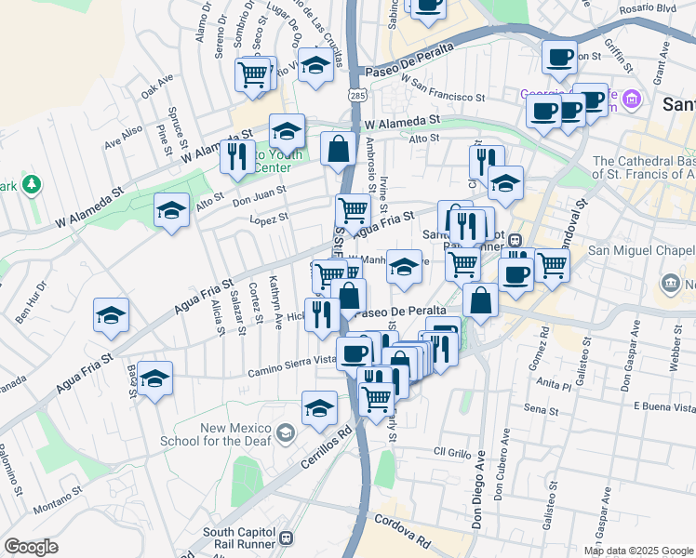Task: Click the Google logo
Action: [32, 547]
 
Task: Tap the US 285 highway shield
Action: [357, 95]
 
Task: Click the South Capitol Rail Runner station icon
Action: [287, 538]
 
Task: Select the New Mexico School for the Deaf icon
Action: [287, 432]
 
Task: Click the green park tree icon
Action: [32, 185]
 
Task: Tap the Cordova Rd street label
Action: [409, 536]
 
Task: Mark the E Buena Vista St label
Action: [663, 406]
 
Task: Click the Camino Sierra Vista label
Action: [291, 365]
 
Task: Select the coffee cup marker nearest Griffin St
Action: [559, 56]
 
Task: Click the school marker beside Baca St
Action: [155, 378]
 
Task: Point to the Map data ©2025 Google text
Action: [637, 551]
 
